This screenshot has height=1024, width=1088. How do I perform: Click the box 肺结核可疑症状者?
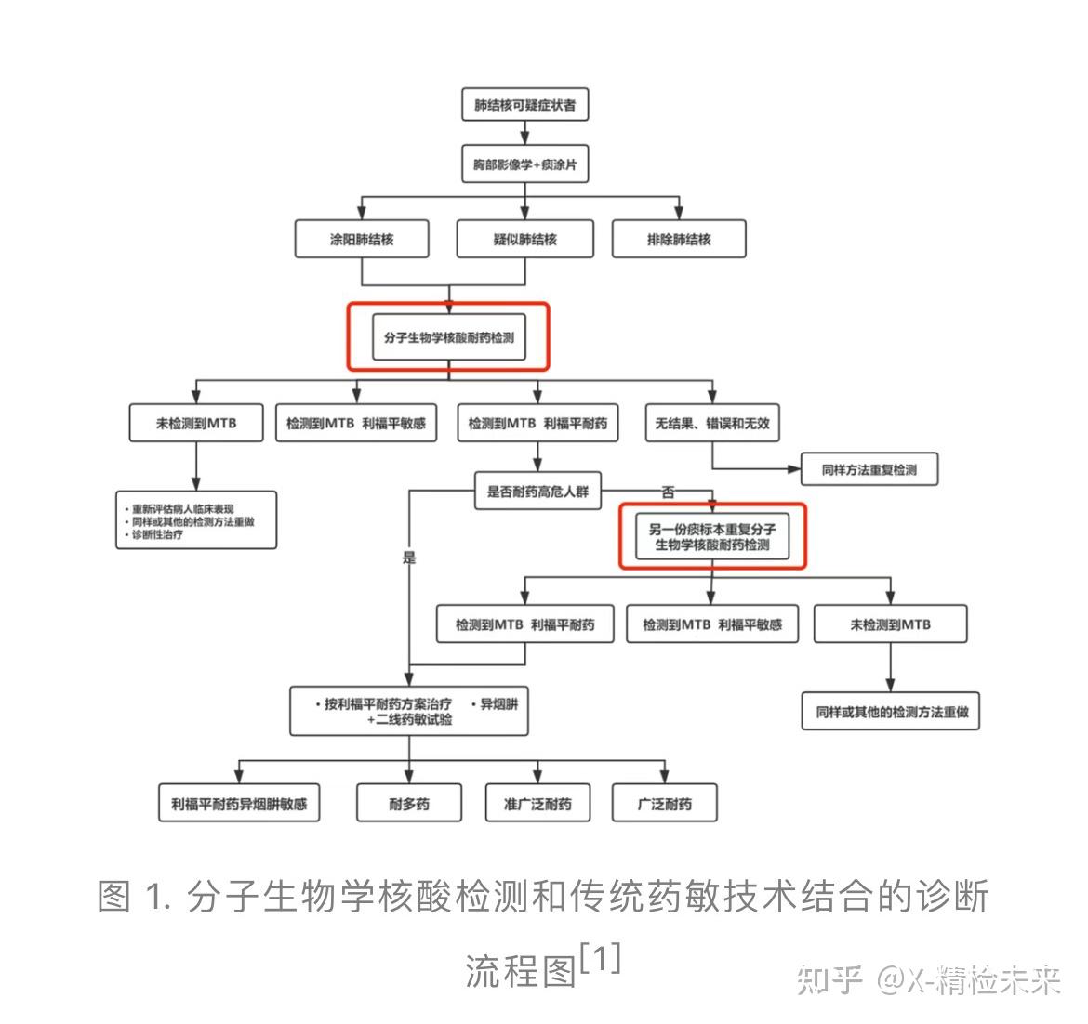[524, 105]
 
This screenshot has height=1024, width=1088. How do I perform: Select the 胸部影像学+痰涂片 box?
[524, 165]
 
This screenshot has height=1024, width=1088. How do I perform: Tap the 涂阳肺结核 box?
[362, 239]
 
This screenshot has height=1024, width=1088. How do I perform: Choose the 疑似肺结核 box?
[524, 239]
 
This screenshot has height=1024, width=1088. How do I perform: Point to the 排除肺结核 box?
[679, 239]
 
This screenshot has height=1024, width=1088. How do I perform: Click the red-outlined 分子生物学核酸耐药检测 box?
[448, 337]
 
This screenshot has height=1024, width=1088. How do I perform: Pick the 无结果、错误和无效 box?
[712, 423]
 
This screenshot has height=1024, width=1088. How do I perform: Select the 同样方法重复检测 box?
[869, 470]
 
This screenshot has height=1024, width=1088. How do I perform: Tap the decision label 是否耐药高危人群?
[537, 491]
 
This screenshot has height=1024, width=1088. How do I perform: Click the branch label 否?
[668, 492]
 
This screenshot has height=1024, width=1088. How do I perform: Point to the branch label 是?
[409, 558]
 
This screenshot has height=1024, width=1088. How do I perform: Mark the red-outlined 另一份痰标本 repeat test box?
[712, 536]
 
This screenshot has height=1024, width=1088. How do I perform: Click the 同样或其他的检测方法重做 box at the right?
[892, 712]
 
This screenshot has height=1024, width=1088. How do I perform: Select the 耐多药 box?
[409, 804]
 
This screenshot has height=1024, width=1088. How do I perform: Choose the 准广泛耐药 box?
[537, 804]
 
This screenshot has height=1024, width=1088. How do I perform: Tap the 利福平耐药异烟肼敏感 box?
[239, 804]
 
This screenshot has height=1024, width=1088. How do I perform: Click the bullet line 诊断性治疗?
[157, 535]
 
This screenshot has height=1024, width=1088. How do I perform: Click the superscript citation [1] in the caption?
[599, 958]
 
